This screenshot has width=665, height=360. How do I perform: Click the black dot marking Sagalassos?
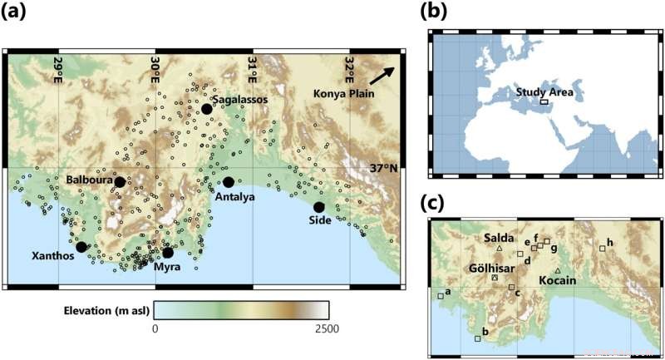[206, 109]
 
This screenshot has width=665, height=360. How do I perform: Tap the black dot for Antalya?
[229, 182]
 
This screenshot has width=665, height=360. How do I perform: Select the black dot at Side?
[319, 207]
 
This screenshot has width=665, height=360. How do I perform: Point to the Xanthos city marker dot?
[81, 247]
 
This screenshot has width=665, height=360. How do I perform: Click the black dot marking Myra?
[168, 253]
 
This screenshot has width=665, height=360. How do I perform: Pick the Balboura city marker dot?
[120, 182]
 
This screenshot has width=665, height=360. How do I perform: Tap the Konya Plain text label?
[345, 93]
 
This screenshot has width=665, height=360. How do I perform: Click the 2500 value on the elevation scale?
[323, 329]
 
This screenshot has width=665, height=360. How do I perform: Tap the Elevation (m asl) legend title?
[105, 311]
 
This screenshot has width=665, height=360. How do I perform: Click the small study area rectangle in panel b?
[544, 101]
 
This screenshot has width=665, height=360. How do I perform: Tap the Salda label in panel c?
[497, 238]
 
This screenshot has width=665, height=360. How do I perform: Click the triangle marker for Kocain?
[558, 272]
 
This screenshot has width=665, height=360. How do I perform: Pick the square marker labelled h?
[602, 248]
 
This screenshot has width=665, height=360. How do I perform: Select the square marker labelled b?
[477, 338]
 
